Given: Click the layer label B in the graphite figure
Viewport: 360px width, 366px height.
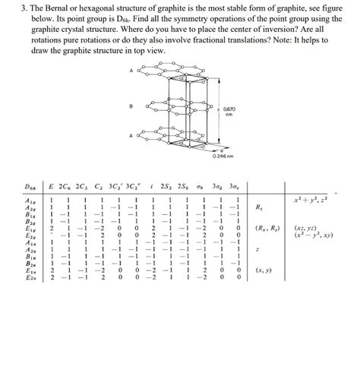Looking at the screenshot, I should [x=132, y=106].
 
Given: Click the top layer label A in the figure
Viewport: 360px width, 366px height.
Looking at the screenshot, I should [x=132, y=71].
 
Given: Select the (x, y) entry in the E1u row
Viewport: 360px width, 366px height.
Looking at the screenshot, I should [x=264, y=270].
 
